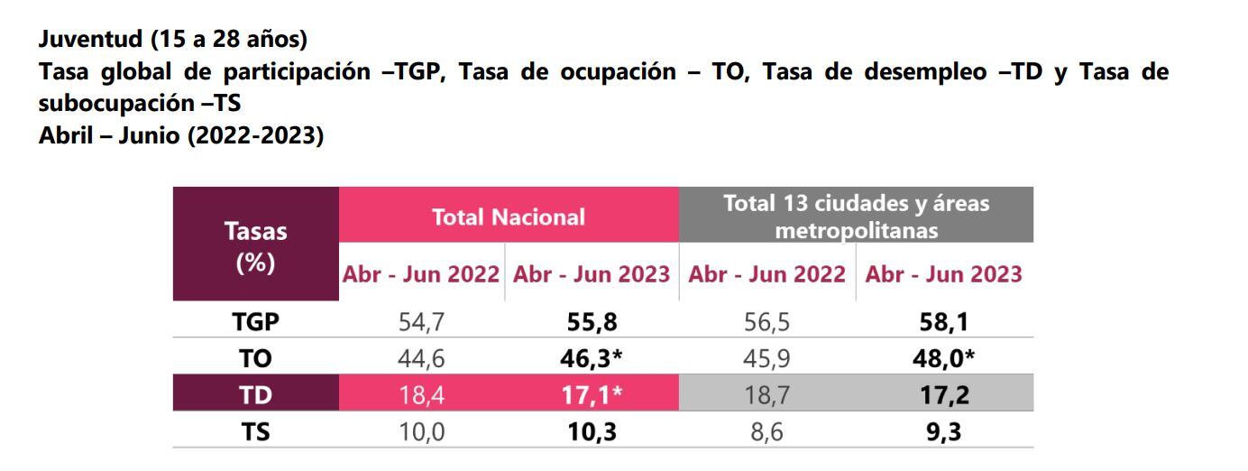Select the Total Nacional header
click(x=508, y=217)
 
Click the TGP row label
click(x=255, y=322)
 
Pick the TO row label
click(x=255, y=359)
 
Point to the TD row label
click(x=255, y=395)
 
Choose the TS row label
click(x=255, y=432)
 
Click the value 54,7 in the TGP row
click(x=421, y=322)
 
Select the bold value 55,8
click(x=591, y=322)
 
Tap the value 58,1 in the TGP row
click(x=942, y=322)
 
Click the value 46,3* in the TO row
click(x=591, y=359)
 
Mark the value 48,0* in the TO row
click(x=943, y=359)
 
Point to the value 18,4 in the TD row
click(x=421, y=395)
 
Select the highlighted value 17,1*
click(x=591, y=395)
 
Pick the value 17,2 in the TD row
click(x=942, y=395)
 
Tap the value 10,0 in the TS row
click(x=421, y=432)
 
